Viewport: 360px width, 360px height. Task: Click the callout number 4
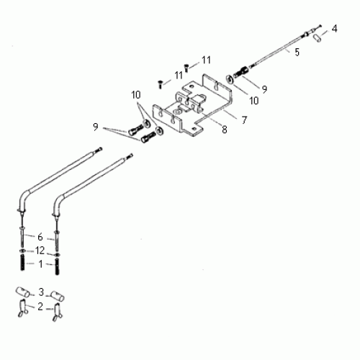pos(334,29)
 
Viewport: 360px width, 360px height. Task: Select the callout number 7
pos(244,120)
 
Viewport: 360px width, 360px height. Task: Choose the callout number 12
pos(40,250)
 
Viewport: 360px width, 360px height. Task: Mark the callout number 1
pos(40,264)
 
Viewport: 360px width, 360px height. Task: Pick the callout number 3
pos(41,292)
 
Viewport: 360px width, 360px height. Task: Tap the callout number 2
pos(41,306)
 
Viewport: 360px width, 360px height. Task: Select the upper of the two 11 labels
pos(207,59)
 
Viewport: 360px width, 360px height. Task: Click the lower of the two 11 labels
pos(178,75)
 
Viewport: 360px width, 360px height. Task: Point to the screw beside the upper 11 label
pos(186,67)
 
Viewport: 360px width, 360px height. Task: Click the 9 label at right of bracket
pos(265,89)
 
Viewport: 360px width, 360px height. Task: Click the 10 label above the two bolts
pos(136,95)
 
